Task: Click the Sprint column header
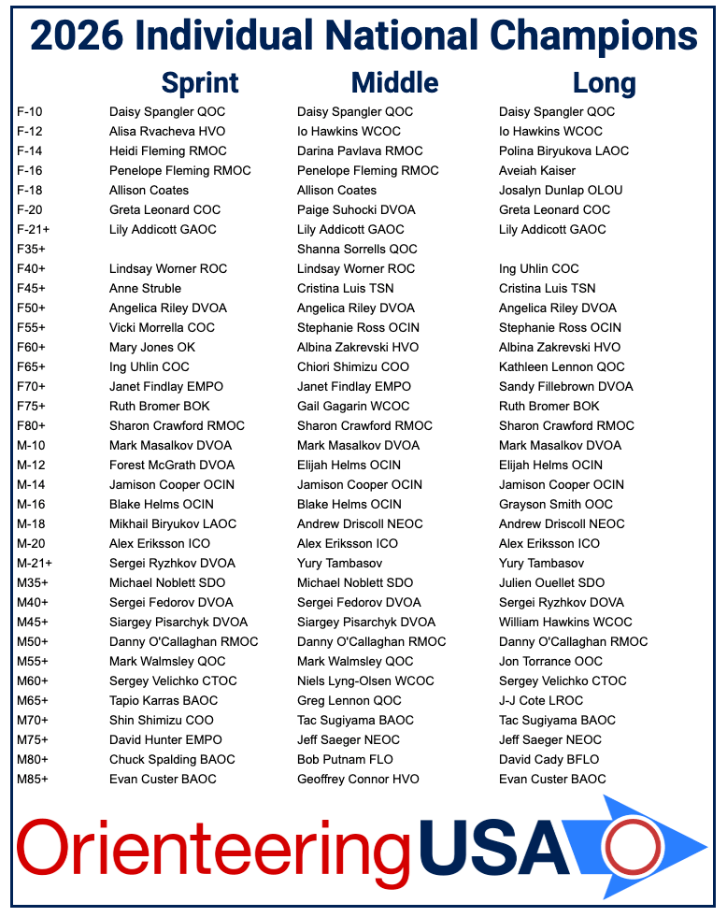coord(200,82)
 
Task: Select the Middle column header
coord(394,82)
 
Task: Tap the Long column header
coord(604,82)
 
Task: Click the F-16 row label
coord(31,170)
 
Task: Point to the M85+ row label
coord(33,779)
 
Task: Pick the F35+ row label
coord(31,249)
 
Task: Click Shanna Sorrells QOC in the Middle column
coord(357,249)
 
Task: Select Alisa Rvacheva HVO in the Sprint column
coord(167,131)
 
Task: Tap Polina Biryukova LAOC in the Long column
coord(563,150)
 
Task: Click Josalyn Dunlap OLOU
coord(561,190)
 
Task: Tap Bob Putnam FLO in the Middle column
coord(345,759)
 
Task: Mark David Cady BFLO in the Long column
coord(549,759)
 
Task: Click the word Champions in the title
coord(588,36)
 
